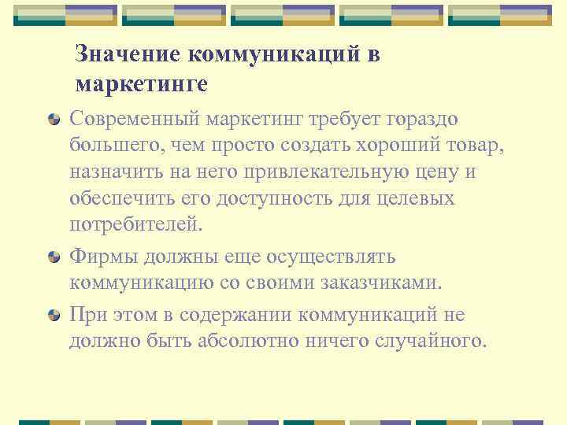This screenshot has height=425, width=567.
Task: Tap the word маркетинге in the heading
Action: (142, 83)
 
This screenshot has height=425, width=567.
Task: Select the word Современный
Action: (135, 118)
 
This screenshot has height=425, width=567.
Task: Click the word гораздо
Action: (424, 120)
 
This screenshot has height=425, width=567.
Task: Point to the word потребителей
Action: (135, 225)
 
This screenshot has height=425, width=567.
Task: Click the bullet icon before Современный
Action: (54, 120)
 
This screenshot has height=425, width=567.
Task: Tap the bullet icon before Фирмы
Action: (54, 257)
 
